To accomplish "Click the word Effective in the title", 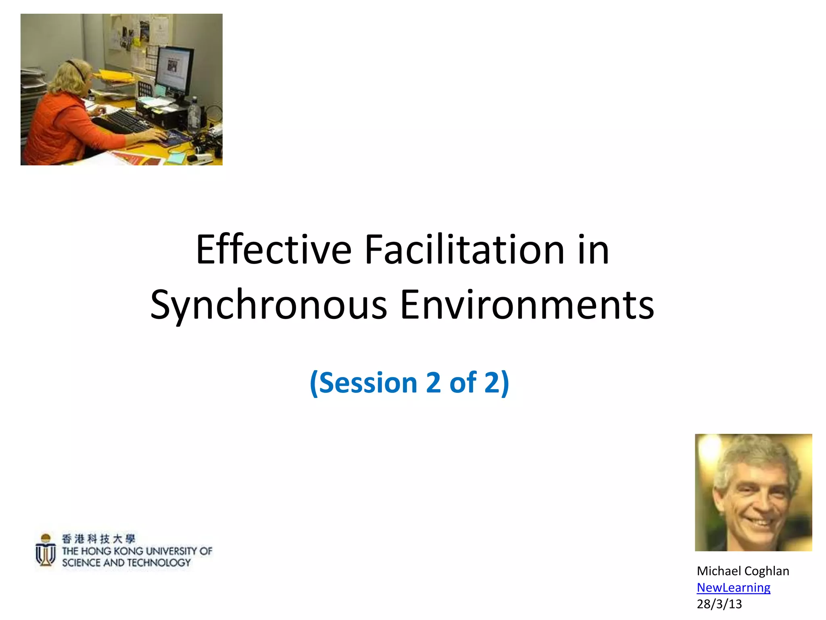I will coord(273,250).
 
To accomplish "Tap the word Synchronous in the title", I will coord(269,306).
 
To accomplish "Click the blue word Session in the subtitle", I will coord(368,383).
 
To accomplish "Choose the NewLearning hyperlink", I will coord(733,588).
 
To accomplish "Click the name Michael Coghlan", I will coord(743,571).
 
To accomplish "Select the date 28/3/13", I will coord(719,604).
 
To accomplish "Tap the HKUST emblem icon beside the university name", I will coord(46,550).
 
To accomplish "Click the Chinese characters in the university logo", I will coord(98,538).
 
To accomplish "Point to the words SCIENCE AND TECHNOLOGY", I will coord(126,563).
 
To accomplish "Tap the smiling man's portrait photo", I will coord(753,492).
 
